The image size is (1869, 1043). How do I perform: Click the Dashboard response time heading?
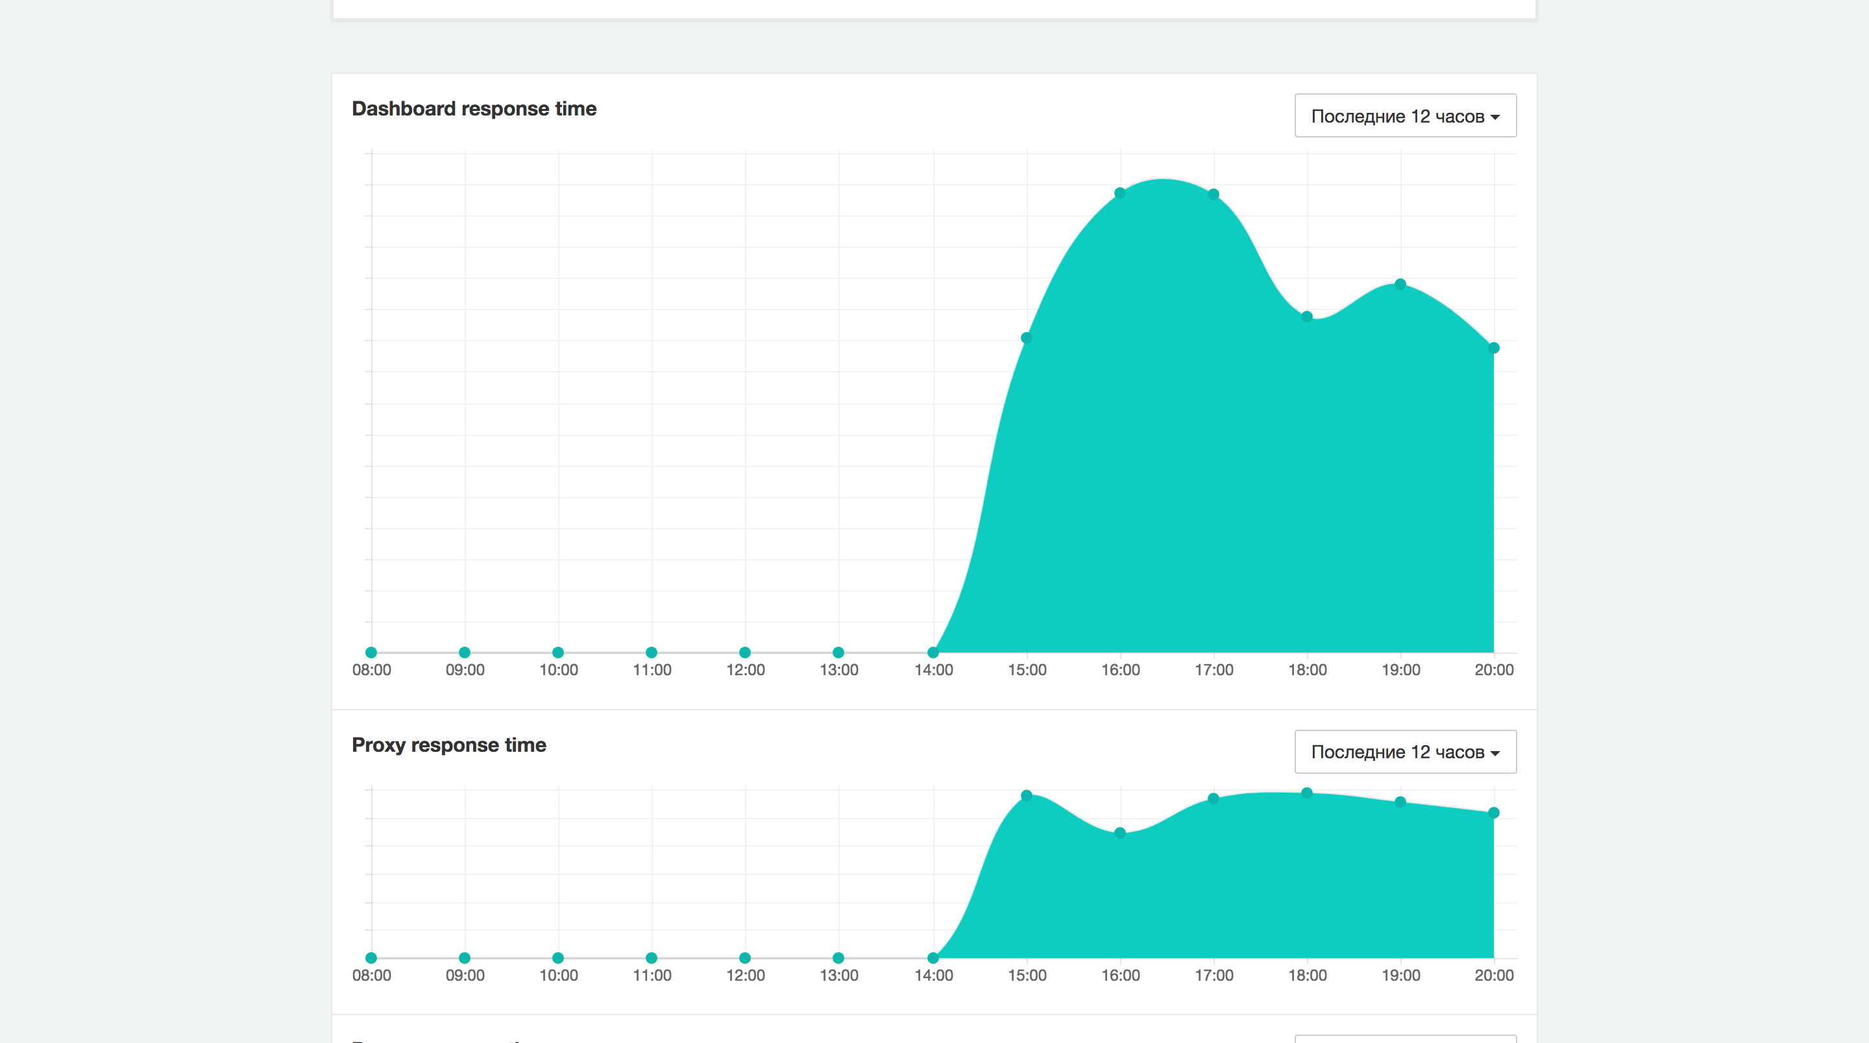(474, 109)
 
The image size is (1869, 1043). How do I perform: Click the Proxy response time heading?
(448, 745)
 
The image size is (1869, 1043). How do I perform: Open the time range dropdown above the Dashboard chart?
(1404, 116)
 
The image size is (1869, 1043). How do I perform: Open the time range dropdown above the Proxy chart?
(1404, 752)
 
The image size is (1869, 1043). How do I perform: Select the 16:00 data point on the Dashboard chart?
(1119, 193)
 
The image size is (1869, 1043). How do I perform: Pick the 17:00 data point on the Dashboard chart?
(1213, 195)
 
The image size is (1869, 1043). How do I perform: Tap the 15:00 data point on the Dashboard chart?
(1026, 338)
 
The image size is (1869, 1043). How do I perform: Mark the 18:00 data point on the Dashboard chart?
(1306, 317)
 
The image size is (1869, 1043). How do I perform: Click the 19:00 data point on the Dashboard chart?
(1400, 284)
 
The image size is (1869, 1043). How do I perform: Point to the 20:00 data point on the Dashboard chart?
(1493, 348)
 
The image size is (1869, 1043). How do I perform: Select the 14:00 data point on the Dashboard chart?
(933, 652)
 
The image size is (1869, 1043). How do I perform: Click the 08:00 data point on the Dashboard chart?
(371, 652)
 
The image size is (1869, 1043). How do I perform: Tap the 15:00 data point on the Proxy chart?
(1026, 796)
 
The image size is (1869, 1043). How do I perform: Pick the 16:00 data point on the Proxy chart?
(1119, 833)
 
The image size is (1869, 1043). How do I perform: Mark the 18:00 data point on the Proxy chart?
(1306, 793)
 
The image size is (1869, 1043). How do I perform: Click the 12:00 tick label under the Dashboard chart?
(745, 670)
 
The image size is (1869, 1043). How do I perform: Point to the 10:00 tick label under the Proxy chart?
(558, 976)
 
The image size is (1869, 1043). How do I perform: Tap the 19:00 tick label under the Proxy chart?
(1400, 976)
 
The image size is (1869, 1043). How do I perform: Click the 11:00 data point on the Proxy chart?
(652, 958)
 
